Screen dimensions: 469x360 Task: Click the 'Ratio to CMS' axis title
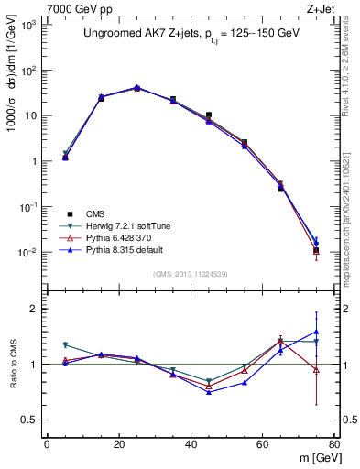tap(15, 365)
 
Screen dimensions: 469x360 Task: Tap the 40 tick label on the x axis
tap(191, 443)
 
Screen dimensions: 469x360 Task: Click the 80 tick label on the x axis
tap(334, 443)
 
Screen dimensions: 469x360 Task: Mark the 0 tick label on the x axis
tap(47, 443)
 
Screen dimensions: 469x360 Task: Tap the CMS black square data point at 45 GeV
tap(209, 115)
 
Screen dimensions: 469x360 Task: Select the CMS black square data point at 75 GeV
tap(316, 250)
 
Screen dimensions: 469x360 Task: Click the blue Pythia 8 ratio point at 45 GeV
tap(209, 391)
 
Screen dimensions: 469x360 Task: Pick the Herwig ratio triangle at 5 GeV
tap(65, 345)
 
